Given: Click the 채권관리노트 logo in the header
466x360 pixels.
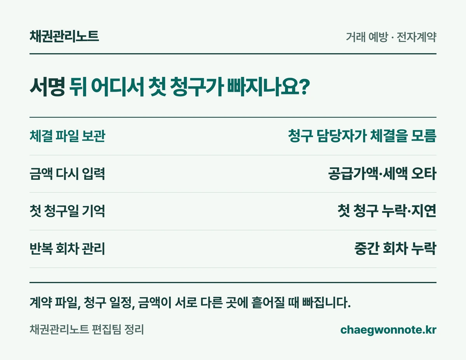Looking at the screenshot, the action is tap(64, 36).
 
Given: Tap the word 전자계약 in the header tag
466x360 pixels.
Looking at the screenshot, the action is tap(416, 37).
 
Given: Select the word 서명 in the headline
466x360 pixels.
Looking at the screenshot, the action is tap(47, 87).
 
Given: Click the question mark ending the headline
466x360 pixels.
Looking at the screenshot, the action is tap(305, 86).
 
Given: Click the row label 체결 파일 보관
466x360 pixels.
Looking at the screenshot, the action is tap(67, 136).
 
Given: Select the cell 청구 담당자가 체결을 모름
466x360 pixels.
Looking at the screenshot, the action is tap(362, 136).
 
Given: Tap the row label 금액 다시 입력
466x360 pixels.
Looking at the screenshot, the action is tap(67, 174).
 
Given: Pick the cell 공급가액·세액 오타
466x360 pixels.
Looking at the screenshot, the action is tap(382, 174).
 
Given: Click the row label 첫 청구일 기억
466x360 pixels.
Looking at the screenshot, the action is tap(67, 211).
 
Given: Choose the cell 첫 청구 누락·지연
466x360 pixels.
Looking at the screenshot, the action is tap(387, 211).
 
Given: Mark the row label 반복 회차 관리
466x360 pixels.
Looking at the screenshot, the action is tap(67, 249).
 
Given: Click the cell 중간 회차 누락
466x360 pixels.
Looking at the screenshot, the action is tap(395, 249).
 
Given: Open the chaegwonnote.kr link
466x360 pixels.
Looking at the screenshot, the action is tap(388, 330).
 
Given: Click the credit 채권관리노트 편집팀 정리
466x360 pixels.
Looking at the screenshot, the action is tap(87, 330).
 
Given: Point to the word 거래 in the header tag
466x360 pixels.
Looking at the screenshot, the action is tap(356, 37).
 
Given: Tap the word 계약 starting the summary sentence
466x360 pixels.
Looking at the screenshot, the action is tap(40, 303).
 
